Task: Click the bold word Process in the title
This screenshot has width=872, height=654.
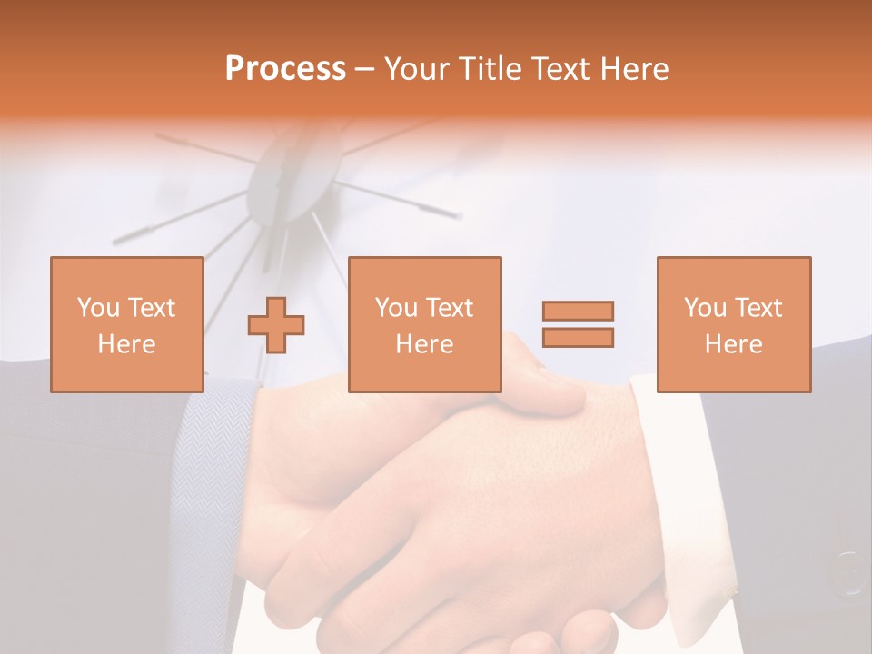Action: pos(285,69)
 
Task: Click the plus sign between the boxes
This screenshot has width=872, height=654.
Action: pos(276,325)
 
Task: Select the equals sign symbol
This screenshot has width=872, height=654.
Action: pos(578,324)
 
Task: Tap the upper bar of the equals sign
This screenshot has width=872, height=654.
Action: pos(578,312)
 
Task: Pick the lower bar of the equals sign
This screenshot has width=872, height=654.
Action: pos(578,337)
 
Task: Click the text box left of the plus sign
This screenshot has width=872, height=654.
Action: pos(126,324)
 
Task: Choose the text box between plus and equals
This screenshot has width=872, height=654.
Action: pos(424,324)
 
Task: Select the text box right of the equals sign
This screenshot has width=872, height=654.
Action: pos(733,324)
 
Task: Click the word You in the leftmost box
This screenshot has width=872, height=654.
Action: pos(98,307)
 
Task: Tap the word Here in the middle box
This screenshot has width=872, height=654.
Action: pos(424,344)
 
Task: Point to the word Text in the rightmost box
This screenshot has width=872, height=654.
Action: pos(758,307)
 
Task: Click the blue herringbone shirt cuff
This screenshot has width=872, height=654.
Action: pos(213,472)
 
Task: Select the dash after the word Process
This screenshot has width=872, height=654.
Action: pos(365,69)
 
